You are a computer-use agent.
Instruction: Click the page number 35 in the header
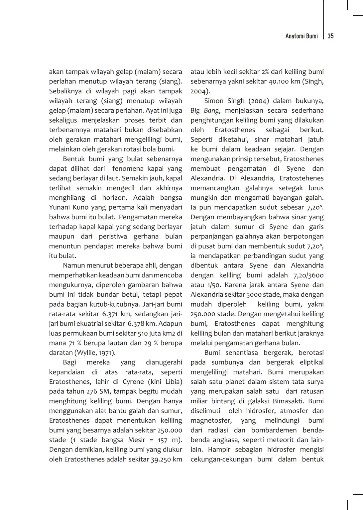[x=330, y=36]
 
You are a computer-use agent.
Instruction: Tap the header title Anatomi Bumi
[x=302, y=36]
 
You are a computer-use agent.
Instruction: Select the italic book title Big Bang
[x=205, y=111]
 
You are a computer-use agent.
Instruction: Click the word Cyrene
[x=133, y=382]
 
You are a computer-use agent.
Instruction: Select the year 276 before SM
[x=91, y=391]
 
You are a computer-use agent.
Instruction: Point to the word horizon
[x=114, y=198]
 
